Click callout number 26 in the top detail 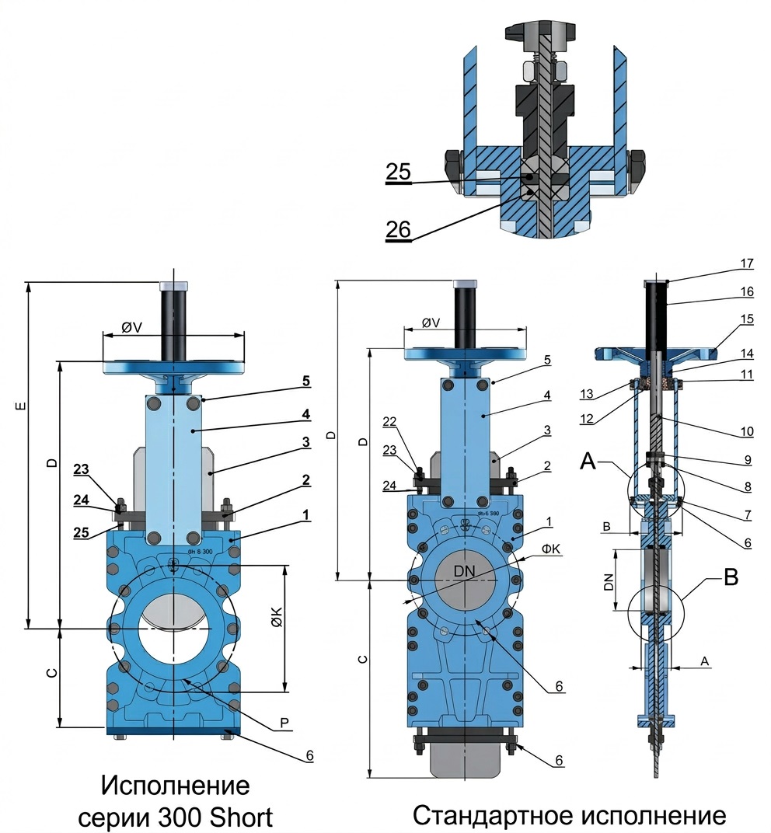[x=399, y=229]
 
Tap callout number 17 [x=746, y=264]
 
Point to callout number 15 [x=746, y=319]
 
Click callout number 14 [x=746, y=353]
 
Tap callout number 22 [x=389, y=421]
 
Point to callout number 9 [x=746, y=459]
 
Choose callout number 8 [x=746, y=488]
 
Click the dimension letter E [x=21, y=406]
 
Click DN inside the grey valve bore [x=464, y=571]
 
